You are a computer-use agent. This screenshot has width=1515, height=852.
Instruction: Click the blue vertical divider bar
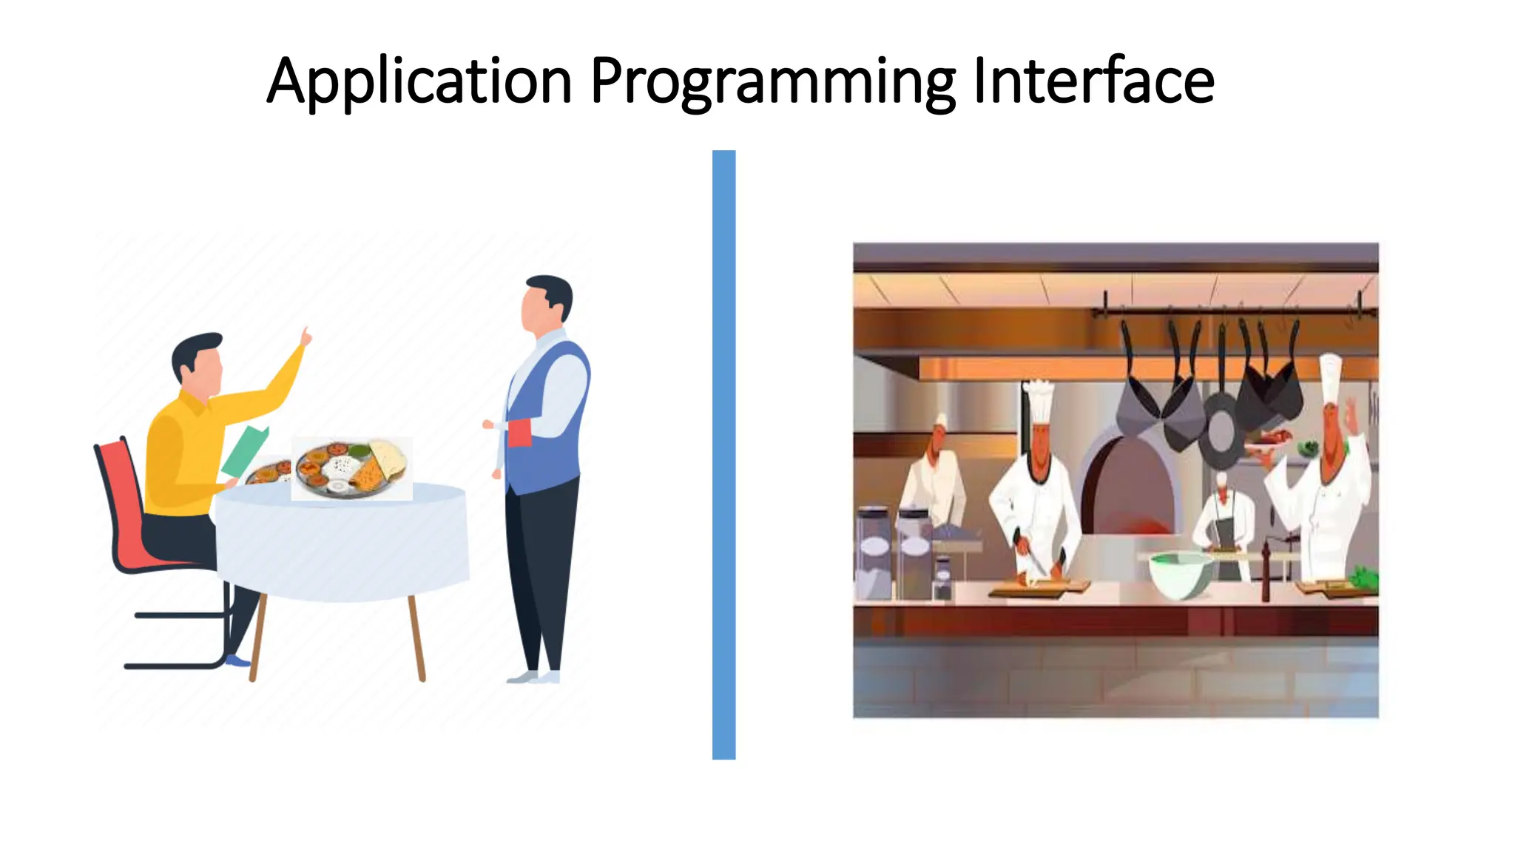723,454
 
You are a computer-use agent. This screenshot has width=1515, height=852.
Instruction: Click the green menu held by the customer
246,450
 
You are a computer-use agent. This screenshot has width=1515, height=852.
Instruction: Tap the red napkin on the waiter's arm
519,433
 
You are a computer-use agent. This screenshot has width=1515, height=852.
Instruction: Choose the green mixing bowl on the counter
1181,574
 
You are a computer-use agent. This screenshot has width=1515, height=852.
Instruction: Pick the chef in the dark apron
1224,525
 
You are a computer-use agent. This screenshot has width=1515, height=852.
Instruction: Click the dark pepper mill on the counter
1266,571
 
